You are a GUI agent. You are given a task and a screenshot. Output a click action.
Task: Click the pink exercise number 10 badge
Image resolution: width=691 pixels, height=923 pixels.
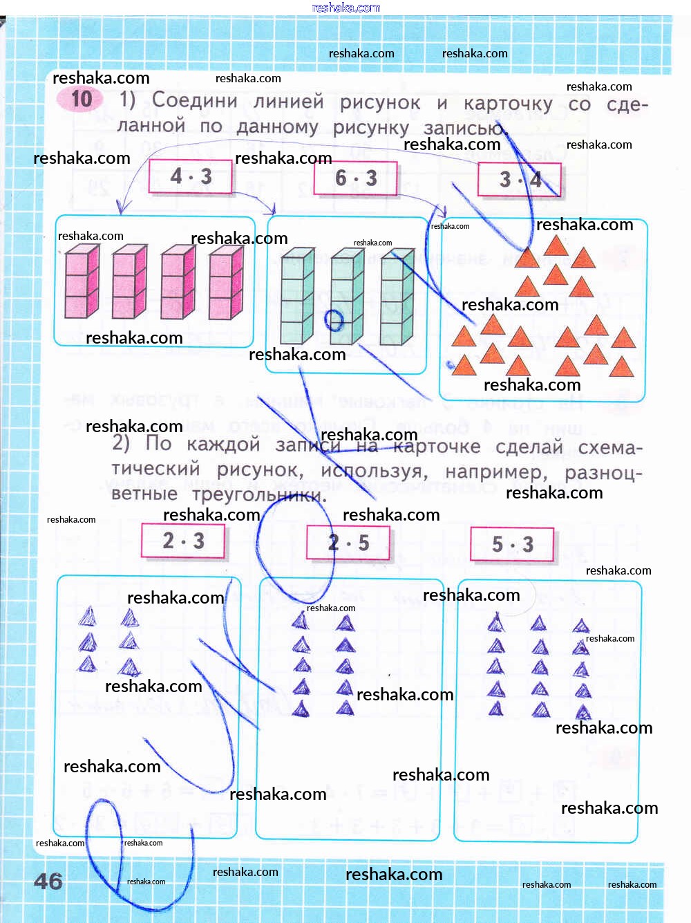point(81,99)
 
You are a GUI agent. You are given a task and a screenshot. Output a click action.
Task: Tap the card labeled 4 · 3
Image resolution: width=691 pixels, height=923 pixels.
point(191,176)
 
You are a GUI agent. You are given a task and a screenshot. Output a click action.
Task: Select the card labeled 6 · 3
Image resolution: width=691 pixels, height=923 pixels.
point(356,178)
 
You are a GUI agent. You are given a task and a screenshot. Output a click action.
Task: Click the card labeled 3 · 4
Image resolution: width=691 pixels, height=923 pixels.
point(520,180)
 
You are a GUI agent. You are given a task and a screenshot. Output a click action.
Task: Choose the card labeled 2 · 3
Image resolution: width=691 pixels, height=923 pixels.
point(183,541)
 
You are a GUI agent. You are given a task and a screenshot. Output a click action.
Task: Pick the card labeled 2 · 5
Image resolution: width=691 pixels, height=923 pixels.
point(348,543)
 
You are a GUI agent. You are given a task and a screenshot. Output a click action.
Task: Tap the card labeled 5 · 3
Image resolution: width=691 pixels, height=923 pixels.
point(512,545)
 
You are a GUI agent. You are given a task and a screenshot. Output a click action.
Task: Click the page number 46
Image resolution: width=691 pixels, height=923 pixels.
point(48,882)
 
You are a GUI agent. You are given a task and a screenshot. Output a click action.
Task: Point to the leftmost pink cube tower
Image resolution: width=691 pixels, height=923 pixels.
point(82,283)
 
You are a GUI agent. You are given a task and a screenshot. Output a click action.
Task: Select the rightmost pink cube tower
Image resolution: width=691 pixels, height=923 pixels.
point(226,283)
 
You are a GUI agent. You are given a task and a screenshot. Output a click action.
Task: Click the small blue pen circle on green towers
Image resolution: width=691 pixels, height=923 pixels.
point(334,319)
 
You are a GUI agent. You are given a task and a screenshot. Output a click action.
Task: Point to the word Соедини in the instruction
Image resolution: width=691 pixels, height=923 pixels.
point(194,101)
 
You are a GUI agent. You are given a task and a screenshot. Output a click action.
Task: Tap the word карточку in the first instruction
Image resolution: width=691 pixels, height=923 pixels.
point(508,104)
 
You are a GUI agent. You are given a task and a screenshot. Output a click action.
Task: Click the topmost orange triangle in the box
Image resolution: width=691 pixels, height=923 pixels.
point(556,245)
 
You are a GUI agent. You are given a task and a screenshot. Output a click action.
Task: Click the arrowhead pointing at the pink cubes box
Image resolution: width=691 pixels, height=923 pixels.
point(121,208)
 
